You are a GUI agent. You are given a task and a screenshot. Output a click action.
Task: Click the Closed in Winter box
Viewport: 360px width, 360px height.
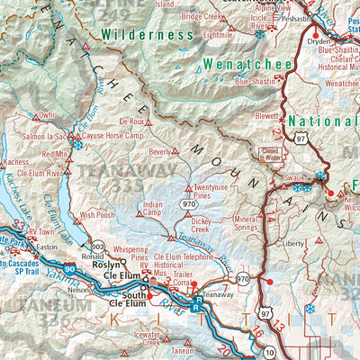pos(271,154)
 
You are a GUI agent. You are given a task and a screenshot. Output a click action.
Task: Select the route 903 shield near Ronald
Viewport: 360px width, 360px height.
pos(98,246)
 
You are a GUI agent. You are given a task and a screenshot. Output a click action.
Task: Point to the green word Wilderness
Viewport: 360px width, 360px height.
pos(147,35)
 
